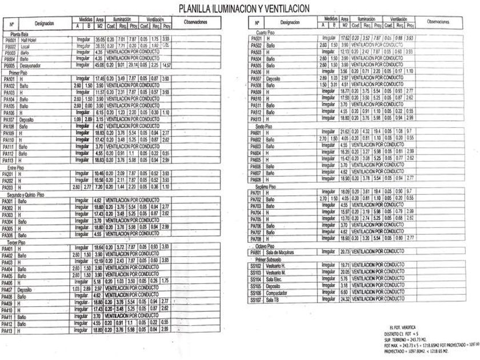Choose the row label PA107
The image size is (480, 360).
click(x=10, y=120)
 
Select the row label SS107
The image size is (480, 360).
click(x=256, y=299)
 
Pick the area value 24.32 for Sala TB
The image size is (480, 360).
click(x=345, y=299)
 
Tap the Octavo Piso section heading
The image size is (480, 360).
click(x=267, y=246)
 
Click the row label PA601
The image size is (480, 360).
click(x=256, y=132)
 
